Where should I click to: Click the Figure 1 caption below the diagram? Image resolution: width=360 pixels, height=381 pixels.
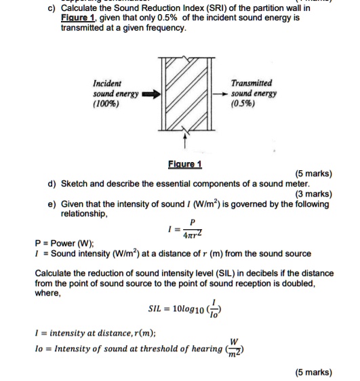tap(184, 165)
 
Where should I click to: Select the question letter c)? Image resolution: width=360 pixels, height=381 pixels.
tap(51, 7)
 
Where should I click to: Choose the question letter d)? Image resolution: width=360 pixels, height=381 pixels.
tap(52, 184)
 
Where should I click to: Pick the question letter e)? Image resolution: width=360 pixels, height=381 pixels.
tap(52, 203)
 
